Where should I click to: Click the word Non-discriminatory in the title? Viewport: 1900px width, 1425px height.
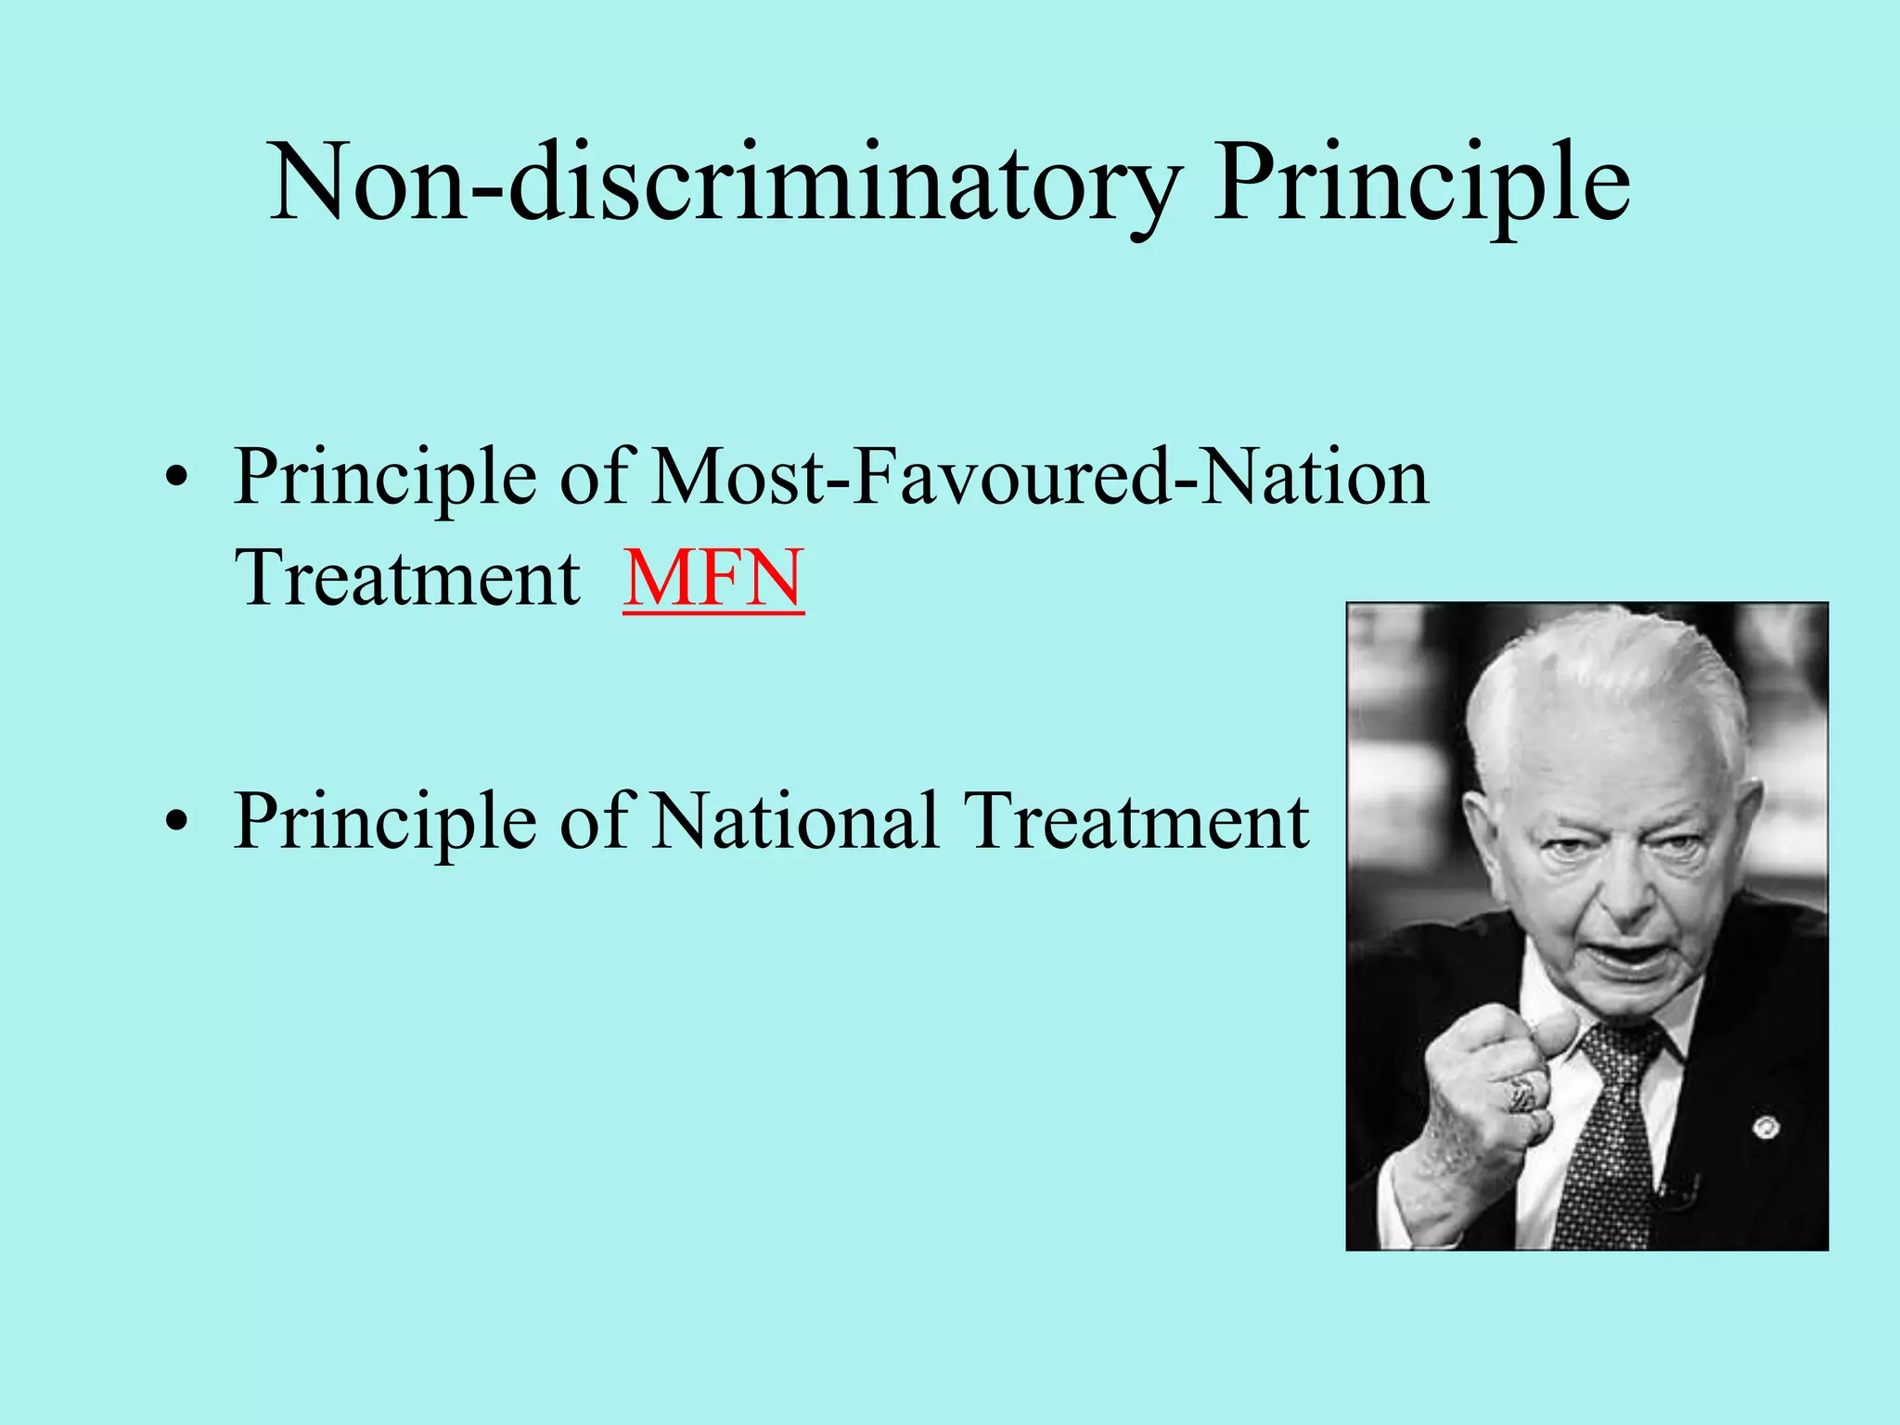point(725,183)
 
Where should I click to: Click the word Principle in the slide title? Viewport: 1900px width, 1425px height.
point(1421,183)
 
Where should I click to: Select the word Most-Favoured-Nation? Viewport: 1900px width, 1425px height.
point(1040,477)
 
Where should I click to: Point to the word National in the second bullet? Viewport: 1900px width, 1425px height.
point(794,821)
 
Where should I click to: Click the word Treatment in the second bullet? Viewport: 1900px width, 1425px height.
point(1136,821)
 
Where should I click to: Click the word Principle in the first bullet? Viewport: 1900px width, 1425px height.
point(385,477)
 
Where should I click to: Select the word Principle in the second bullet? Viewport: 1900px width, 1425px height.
point(385,821)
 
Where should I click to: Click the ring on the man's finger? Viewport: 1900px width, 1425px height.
point(1522,1095)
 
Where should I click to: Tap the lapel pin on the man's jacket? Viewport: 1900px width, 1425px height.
point(1766,1128)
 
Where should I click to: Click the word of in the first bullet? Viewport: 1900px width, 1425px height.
point(595,477)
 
